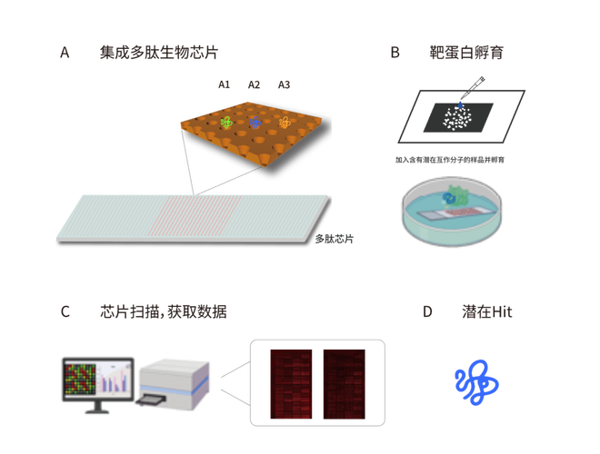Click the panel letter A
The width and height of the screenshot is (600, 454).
(x=65, y=53)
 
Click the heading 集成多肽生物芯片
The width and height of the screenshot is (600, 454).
(x=159, y=53)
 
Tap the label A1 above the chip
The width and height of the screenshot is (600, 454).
(x=224, y=84)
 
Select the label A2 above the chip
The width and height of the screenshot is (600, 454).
(x=254, y=84)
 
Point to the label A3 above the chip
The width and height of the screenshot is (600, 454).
(x=284, y=84)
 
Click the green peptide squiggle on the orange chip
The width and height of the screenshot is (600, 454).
(x=226, y=123)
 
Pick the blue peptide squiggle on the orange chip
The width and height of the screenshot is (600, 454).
(x=255, y=123)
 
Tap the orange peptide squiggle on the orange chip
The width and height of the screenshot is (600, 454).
(x=285, y=123)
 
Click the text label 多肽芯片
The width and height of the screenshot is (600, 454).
(x=334, y=239)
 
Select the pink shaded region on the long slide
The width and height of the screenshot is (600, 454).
(x=195, y=215)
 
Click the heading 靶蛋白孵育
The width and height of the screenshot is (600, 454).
(x=466, y=53)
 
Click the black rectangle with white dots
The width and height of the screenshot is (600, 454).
(x=458, y=117)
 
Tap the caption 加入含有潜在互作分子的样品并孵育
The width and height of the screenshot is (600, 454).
(x=450, y=160)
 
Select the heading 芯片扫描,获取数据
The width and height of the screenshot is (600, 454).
(x=164, y=311)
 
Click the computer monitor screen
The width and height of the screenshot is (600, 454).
(x=98, y=380)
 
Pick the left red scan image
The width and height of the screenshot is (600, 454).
(x=291, y=384)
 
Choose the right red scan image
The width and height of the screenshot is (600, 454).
(x=344, y=384)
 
